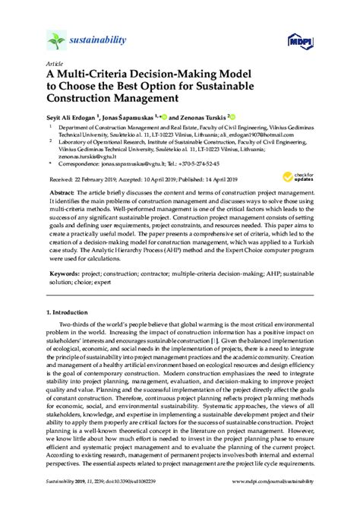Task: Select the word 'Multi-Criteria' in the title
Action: tap(95, 76)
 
